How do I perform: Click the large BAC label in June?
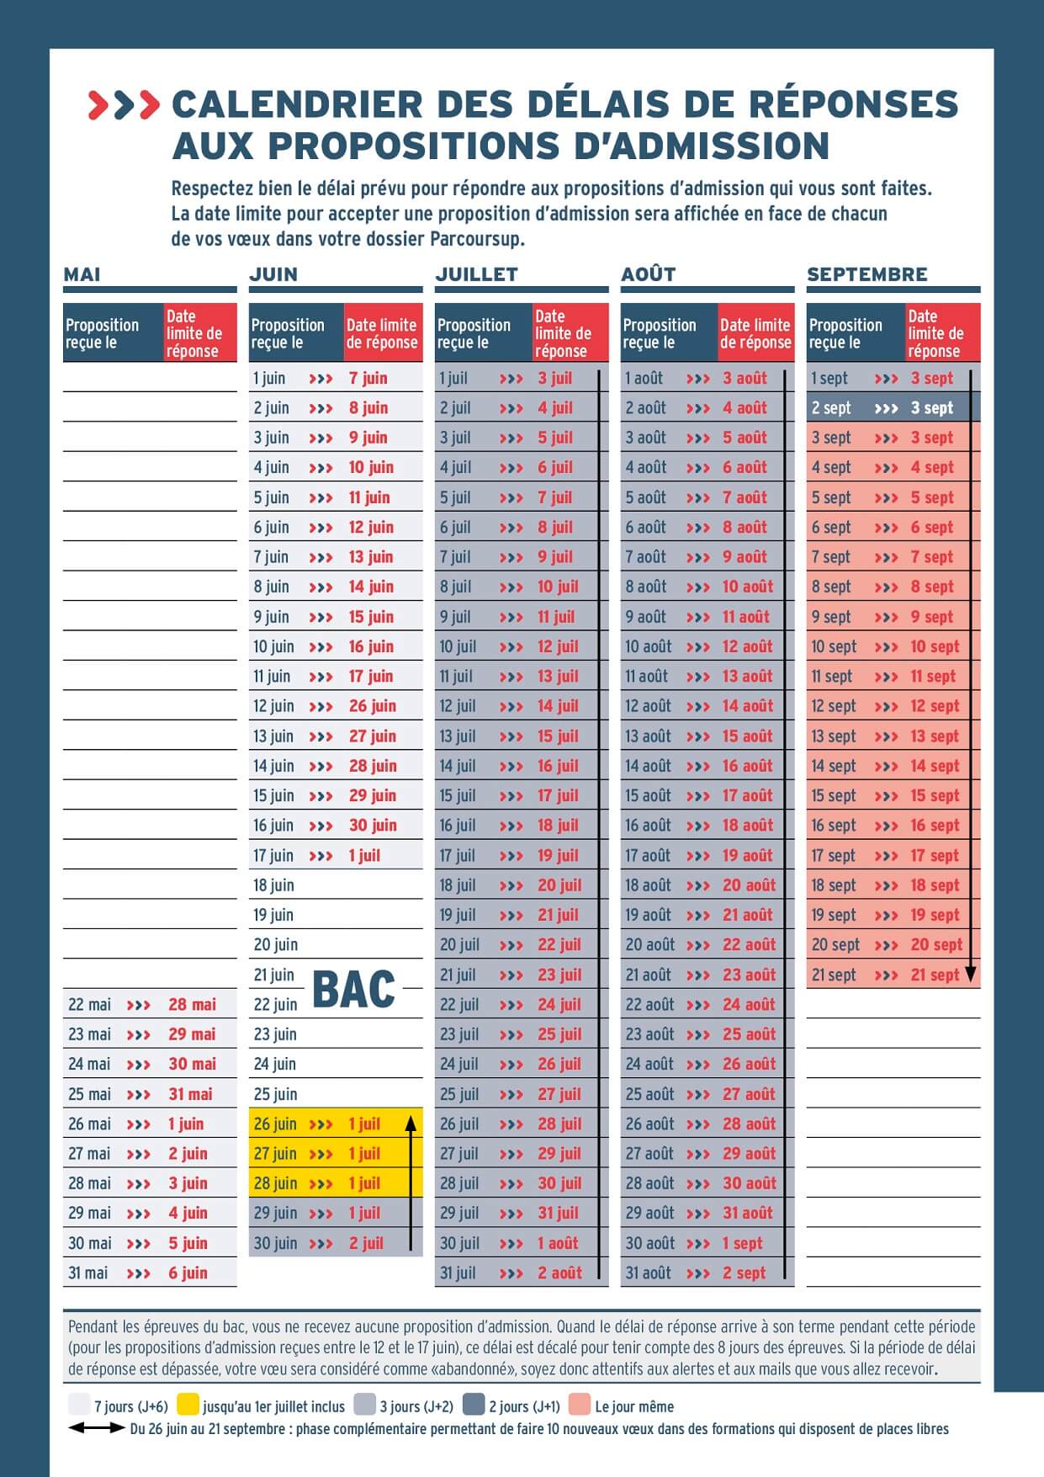[x=353, y=990]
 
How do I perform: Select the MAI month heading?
[x=82, y=274]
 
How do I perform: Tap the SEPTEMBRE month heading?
[x=866, y=274]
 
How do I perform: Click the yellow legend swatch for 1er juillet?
[x=188, y=1405]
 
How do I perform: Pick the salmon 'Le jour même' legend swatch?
[x=580, y=1405]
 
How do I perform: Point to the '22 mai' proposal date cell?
[x=89, y=1004]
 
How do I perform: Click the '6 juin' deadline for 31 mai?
[x=188, y=1272]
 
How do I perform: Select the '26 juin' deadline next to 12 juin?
[x=372, y=706]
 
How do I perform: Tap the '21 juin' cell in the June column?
[x=274, y=975]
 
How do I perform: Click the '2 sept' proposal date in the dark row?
[x=831, y=408]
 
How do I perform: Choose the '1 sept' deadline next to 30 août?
[x=742, y=1243]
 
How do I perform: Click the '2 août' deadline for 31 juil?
[x=559, y=1272]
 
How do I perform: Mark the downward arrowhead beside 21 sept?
[x=970, y=975]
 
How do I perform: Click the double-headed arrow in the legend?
[x=97, y=1428]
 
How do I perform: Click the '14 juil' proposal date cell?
[x=458, y=766]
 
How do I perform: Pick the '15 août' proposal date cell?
[x=647, y=795]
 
